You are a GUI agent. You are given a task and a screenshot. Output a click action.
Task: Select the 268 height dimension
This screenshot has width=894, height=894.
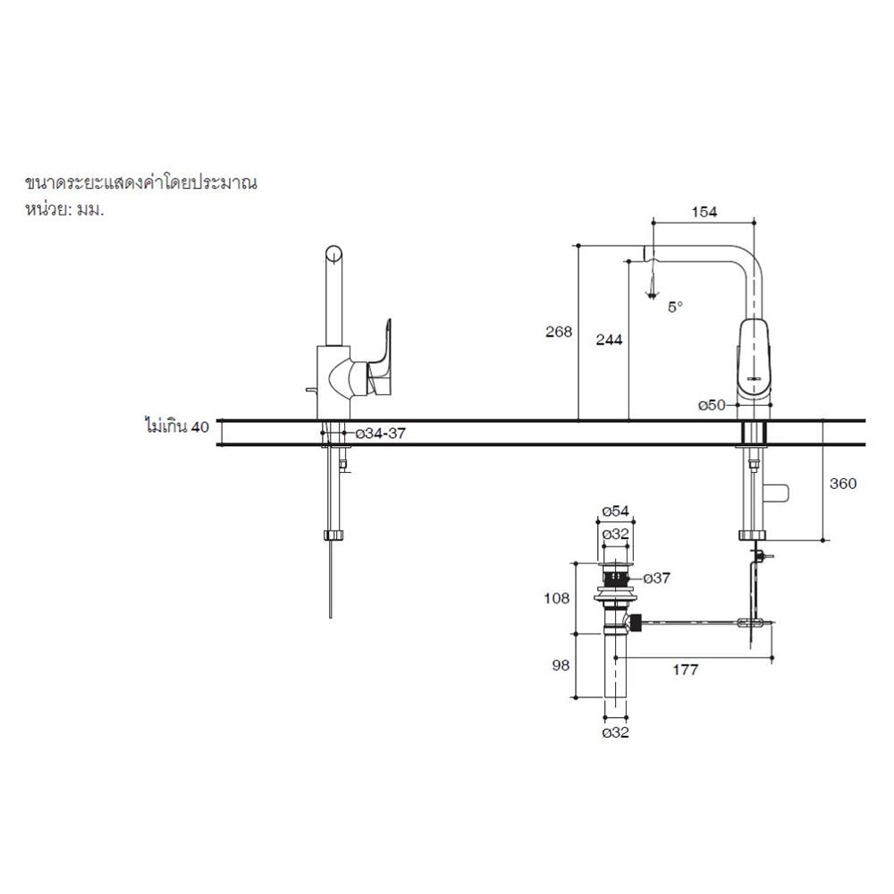tap(559, 332)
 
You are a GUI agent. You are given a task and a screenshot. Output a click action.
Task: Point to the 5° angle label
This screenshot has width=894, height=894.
tap(675, 307)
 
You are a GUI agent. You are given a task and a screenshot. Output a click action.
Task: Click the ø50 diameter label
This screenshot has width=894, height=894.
tap(712, 405)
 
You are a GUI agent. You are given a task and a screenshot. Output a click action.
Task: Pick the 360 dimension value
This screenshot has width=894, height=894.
tap(842, 484)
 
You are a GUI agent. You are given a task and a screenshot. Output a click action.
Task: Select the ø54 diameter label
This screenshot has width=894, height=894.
tap(617, 510)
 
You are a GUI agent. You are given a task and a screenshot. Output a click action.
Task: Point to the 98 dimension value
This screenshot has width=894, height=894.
tap(560, 667)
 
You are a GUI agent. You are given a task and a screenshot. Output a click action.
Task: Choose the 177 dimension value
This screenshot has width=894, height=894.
tap(684, 669)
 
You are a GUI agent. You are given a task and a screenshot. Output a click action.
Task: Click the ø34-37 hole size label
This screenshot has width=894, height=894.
tap(382, 434)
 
